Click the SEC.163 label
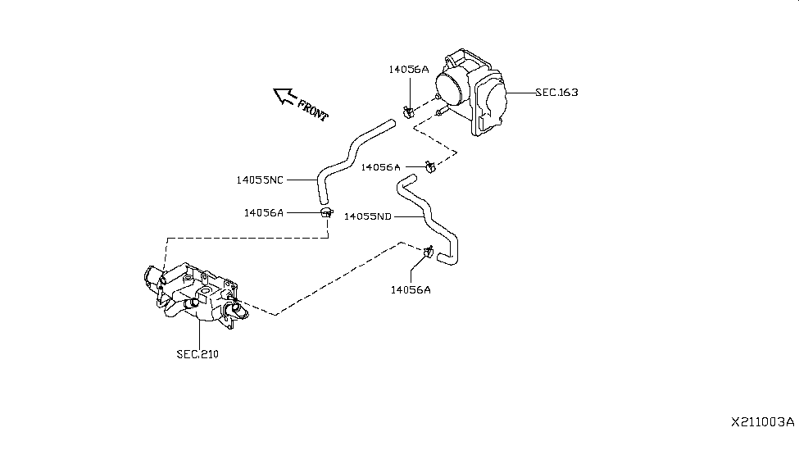pos(556,93)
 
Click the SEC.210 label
pos(197,355)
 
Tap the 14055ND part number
pos(368,216)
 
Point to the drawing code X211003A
pos(762,422)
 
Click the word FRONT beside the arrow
pos(312,110)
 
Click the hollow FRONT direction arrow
pos(284,97)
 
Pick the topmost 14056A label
pos(409,70)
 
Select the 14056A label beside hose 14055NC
pos(263,212)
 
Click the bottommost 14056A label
pos(410,289)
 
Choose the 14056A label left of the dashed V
pos(380,167)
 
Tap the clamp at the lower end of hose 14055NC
pos(326,213)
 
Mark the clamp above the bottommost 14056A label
pos(428,253)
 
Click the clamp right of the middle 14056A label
pos(429,168)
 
